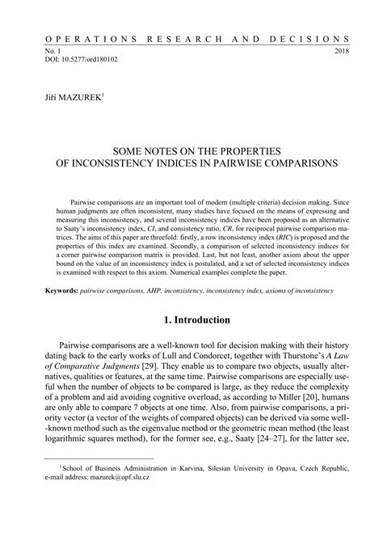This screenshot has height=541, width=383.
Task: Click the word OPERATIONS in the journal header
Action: pyautogui.click(x=81, y=38)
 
